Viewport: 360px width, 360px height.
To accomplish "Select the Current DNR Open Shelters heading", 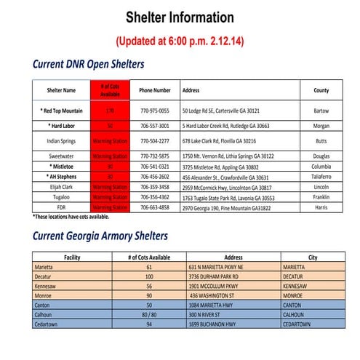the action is coord(88,64).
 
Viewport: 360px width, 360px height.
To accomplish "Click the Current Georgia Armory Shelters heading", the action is coord(100,236).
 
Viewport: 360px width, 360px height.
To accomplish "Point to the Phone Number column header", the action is coord(155,91).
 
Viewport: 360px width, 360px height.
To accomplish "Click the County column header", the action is coord(321,91).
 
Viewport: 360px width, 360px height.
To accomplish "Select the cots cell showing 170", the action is coord(111,111).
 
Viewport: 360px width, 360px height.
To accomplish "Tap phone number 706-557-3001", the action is coord(154,126).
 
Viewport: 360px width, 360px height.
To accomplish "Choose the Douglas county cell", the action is coord(321,156).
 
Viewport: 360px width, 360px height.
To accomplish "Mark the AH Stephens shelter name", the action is coord(62,176).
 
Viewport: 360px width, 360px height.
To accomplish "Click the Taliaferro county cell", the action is coord(321,176).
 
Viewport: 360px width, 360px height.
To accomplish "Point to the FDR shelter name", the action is coord(62,207).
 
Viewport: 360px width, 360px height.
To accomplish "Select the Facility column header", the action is coord(72,257).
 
